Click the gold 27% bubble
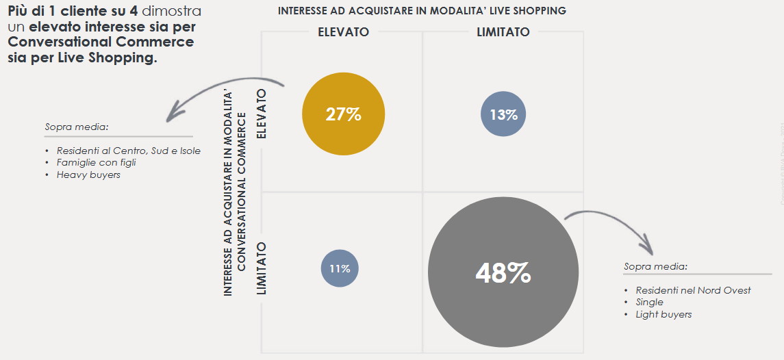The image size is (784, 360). coord(343,114)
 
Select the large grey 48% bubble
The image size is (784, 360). coord(503,273)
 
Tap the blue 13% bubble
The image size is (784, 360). coord(503,114)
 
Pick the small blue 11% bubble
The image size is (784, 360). coord(340,268)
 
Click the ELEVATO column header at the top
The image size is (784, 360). coord(343,32)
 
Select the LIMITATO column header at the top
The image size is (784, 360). coord(503,32)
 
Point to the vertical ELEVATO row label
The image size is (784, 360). coord(261,114)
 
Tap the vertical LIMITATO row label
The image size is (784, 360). coord(261,268)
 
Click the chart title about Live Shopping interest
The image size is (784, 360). coord(422,11)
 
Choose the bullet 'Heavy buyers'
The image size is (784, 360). coord(88,175)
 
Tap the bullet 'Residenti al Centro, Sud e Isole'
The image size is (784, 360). coord(128,151)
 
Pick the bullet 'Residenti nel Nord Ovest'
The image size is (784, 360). coord(693,290)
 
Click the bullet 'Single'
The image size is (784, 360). coord(649,302)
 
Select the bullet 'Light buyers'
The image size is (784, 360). coord(663,314)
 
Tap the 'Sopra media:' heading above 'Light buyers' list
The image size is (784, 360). coord(655,266)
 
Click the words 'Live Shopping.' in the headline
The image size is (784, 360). coord(117,58)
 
